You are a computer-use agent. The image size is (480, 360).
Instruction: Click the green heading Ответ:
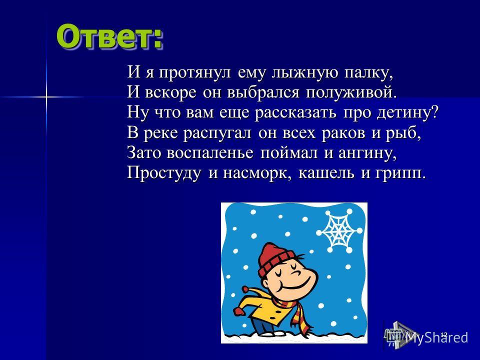pyautogui.click(x=109, y=36)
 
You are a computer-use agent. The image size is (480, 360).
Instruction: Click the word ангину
pyautogui.click(x=367, y=153)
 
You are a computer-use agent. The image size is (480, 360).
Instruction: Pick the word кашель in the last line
pyautogui.click(x=326, y=173)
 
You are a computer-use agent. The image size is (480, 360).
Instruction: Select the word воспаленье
pyautogui.click(x=210, y=153)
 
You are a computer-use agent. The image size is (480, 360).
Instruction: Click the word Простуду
pyautogui.click(x=164, y=174)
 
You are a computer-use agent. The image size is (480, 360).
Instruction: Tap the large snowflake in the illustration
pyautogui.click(x=339, y=230)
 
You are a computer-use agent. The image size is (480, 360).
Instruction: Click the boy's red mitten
pyautogui.click(x=239, y=311)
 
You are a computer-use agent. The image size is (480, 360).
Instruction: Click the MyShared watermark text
pyautogui.click(x=436, y=337)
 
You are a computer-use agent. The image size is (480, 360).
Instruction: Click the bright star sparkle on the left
pyautogui.click(x=46, y=97)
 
